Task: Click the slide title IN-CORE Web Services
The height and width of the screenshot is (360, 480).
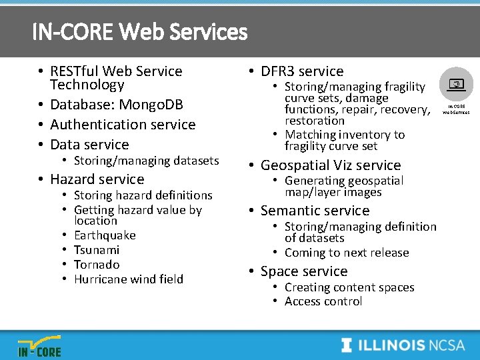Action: pos(139,31)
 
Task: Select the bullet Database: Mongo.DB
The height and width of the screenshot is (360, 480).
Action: pos(116,105)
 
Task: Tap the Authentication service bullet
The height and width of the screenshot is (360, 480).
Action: pos(123,125)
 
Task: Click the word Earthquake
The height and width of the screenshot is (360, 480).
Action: pos(105,235)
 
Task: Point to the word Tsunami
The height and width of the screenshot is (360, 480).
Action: pos(97,250)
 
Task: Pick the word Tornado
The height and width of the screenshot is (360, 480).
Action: pos(97,265)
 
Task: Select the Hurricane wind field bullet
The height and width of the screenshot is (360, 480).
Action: pos(128,279)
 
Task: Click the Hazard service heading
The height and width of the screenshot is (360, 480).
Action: pos(97,179)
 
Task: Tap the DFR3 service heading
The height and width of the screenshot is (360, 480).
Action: pos(302,71)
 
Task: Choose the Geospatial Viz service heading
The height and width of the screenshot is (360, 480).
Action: pos(331,165)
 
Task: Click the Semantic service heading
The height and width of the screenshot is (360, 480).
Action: pos(315,211)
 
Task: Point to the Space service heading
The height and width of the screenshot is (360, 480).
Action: pos(304,271)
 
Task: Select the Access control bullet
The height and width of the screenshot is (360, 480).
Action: pos(323,301)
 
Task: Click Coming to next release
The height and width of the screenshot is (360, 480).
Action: pos(347,253)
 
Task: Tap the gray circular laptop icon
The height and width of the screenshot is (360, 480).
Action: pos(457,85)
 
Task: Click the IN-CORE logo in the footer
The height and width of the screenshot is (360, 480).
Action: pos(39,345)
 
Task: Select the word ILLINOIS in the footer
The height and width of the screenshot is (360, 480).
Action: pos(392,345)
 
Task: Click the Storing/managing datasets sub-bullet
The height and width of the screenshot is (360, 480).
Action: pos(146,161)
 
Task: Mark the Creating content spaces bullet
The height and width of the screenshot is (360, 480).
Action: pos(349,287)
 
